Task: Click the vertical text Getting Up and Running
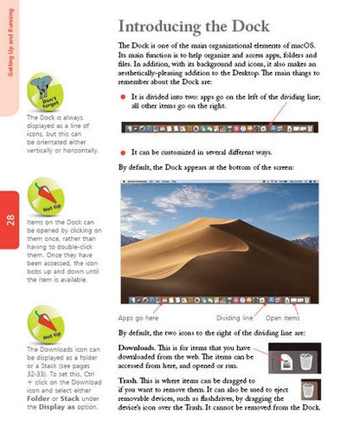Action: click(9, 43)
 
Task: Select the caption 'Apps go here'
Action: click(138, 318)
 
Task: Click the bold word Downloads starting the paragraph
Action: click(138, 348)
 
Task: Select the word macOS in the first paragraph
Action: click(305, 43)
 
